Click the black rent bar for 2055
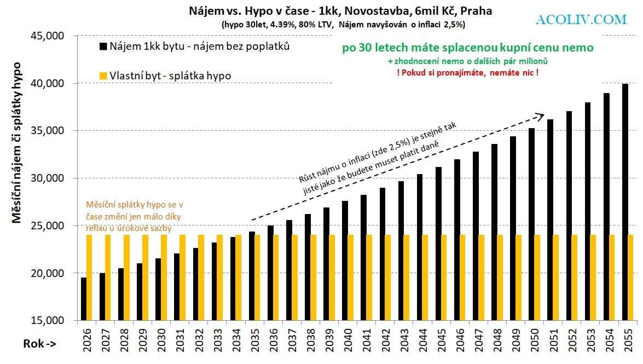625,203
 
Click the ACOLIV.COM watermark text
581,20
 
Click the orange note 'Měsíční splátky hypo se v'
136,204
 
